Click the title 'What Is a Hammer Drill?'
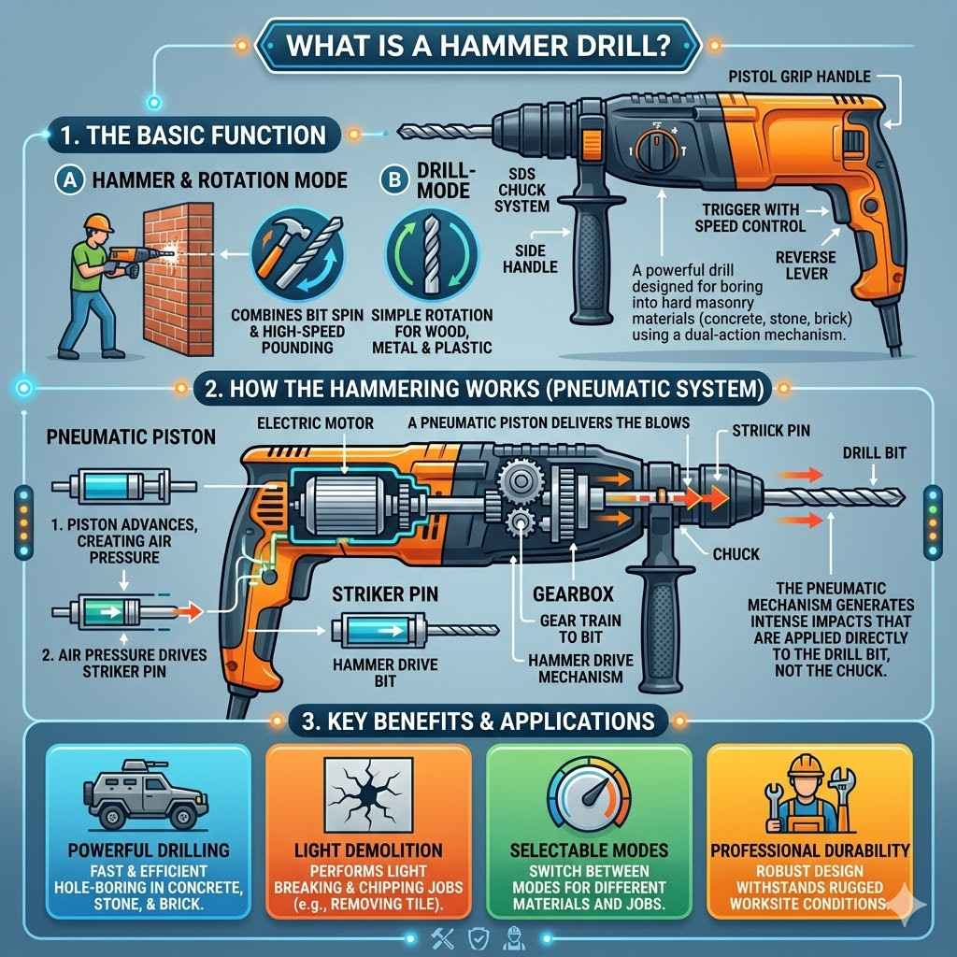478,45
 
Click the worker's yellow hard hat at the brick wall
96,222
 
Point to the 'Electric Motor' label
315,423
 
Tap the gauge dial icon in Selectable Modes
589,793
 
